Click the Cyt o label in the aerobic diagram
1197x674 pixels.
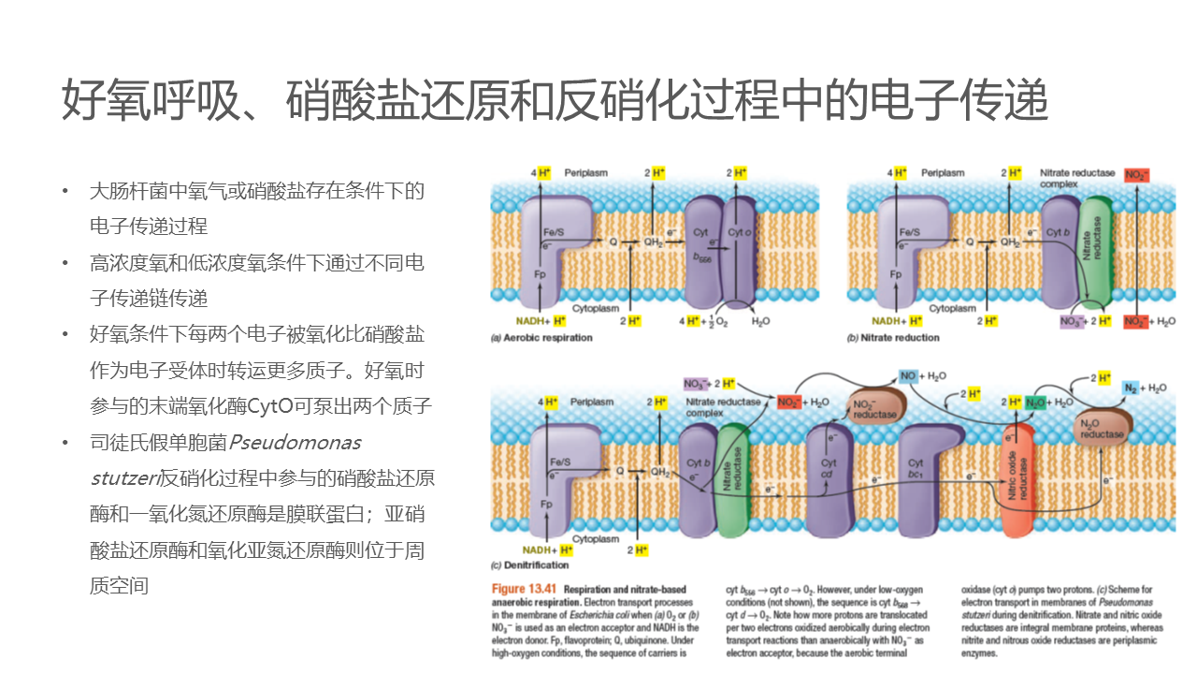(x=739, y=231)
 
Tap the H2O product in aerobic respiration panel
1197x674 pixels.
(x=761, y=320)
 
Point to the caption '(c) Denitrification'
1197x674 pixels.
(x=529, y=565)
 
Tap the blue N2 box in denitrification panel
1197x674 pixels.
(x=1132, y=388)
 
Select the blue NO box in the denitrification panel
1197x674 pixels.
(x=908, y=375)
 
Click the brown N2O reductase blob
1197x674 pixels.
(x=1102, y=428)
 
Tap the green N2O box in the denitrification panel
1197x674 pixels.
(x=1035, y=403)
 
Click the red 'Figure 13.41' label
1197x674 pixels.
(x=525, y=589)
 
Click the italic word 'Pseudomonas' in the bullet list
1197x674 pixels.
(x=296, y=442)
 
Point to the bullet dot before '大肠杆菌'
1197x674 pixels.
(x=65, y=191)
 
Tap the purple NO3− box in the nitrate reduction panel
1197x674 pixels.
(x=1071, y=321)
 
